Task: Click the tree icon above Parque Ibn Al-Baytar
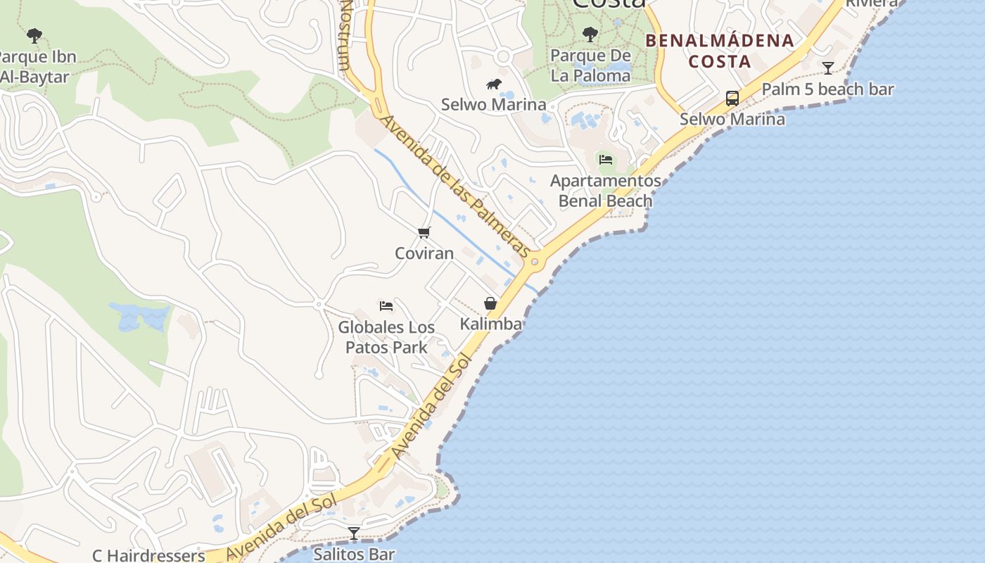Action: click(x=34, y=36)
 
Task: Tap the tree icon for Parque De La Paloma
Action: click(x=590, y=34)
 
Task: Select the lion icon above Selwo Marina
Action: click(x=494, y=84)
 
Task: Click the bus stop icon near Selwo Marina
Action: click(x=732, y=98)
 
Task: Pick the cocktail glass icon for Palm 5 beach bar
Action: click(x=828, y=68)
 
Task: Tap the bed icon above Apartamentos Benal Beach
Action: click(x=606, y=160)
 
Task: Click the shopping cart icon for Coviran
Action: click(x=424, y=232)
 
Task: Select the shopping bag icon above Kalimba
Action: click(x=490, y=303)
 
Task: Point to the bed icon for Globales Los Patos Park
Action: click(x=386, y=306)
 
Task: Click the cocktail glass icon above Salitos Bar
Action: click(x=354, y=533)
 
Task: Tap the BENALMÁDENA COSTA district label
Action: click(x=720, y=51)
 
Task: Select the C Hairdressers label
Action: click(x=148, y=555)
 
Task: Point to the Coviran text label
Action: click(x=424, y=253)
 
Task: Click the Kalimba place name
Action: click(x=491, y=324)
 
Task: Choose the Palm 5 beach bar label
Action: click(x=827, y=89)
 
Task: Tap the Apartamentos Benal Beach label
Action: click(x=606, y=191)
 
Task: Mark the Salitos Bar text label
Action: click(x=354, y=555)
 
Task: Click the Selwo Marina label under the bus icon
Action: click(x=732, y=119)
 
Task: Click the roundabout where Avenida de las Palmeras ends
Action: click(x=535, y=262)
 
